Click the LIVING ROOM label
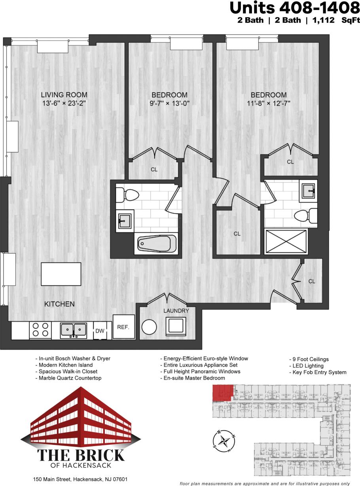click(64, 95)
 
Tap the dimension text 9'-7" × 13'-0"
click(169, 104)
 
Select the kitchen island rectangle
click(61, 274)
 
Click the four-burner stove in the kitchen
click(40, 330)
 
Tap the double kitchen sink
click(74, 330)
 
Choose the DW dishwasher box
click(99, 331)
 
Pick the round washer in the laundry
click(150, 327)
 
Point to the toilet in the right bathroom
click(306, 216)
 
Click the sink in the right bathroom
click(308, 191)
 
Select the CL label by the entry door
click(312, 281)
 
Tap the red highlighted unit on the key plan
click(222, 394)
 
